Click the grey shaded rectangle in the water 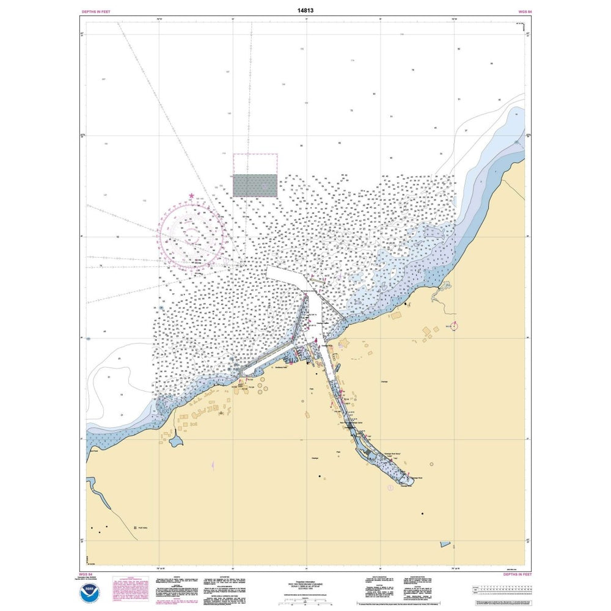tap(255, 185)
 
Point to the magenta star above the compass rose tap(192, 196)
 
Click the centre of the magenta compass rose tap(192, 235)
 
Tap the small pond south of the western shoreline tap(176, 441)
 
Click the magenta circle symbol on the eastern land tap(454, 325)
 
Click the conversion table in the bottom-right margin tap(500, 591)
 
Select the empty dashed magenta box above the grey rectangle tap(255, 164)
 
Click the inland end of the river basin tap(407, 481)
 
